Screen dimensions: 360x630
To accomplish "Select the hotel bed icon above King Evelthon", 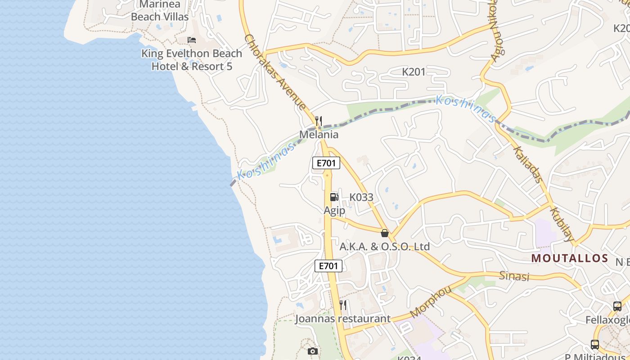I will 192,40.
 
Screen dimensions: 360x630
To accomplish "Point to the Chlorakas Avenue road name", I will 275,72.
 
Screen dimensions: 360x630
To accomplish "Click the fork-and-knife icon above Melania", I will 319,121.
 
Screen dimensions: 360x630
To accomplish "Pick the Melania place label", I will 319,135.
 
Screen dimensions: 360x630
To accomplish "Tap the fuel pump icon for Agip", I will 334,197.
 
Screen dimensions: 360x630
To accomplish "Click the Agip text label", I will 334,210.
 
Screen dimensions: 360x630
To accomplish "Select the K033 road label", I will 361,197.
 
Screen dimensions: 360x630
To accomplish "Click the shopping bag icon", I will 385,233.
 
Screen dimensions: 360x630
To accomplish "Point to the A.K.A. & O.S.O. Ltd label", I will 384,247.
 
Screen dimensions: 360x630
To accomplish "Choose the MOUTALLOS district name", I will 570,258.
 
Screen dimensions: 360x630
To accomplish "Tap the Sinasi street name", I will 514,276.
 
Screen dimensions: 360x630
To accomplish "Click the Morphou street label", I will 430,301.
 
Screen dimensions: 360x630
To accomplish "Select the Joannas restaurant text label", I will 343,319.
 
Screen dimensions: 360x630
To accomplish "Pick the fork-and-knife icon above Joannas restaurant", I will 343,305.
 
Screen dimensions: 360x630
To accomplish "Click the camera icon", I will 313,351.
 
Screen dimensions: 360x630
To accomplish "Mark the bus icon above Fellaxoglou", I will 617,306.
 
